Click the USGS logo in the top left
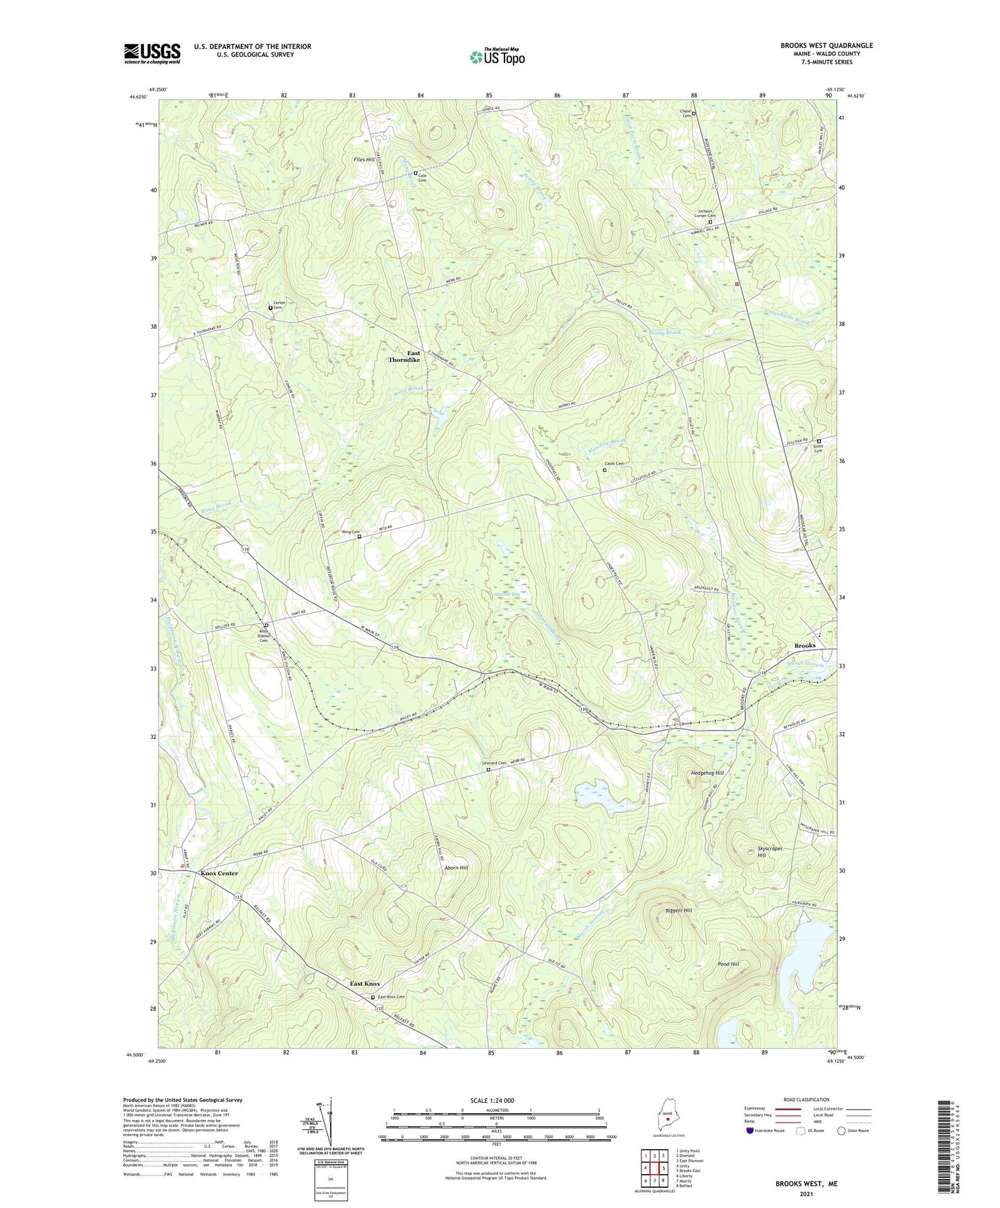(x=152, y=53)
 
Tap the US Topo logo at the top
(x=497, y=56)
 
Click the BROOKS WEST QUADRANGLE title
(x=826, y=46)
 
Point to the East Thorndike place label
(x=405, y=356)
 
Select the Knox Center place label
(x=219, y=873)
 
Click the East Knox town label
(x=365, y=984)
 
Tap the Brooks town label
(x=804, y=646)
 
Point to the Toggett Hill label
(x=678, y=910)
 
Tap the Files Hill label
(x=363, y=160)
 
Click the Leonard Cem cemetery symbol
(x=489, y=769)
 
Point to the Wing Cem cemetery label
(x=351, y=532)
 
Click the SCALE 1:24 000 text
(x=492, y=1100)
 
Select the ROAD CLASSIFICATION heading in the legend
(x=806, y=1099)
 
